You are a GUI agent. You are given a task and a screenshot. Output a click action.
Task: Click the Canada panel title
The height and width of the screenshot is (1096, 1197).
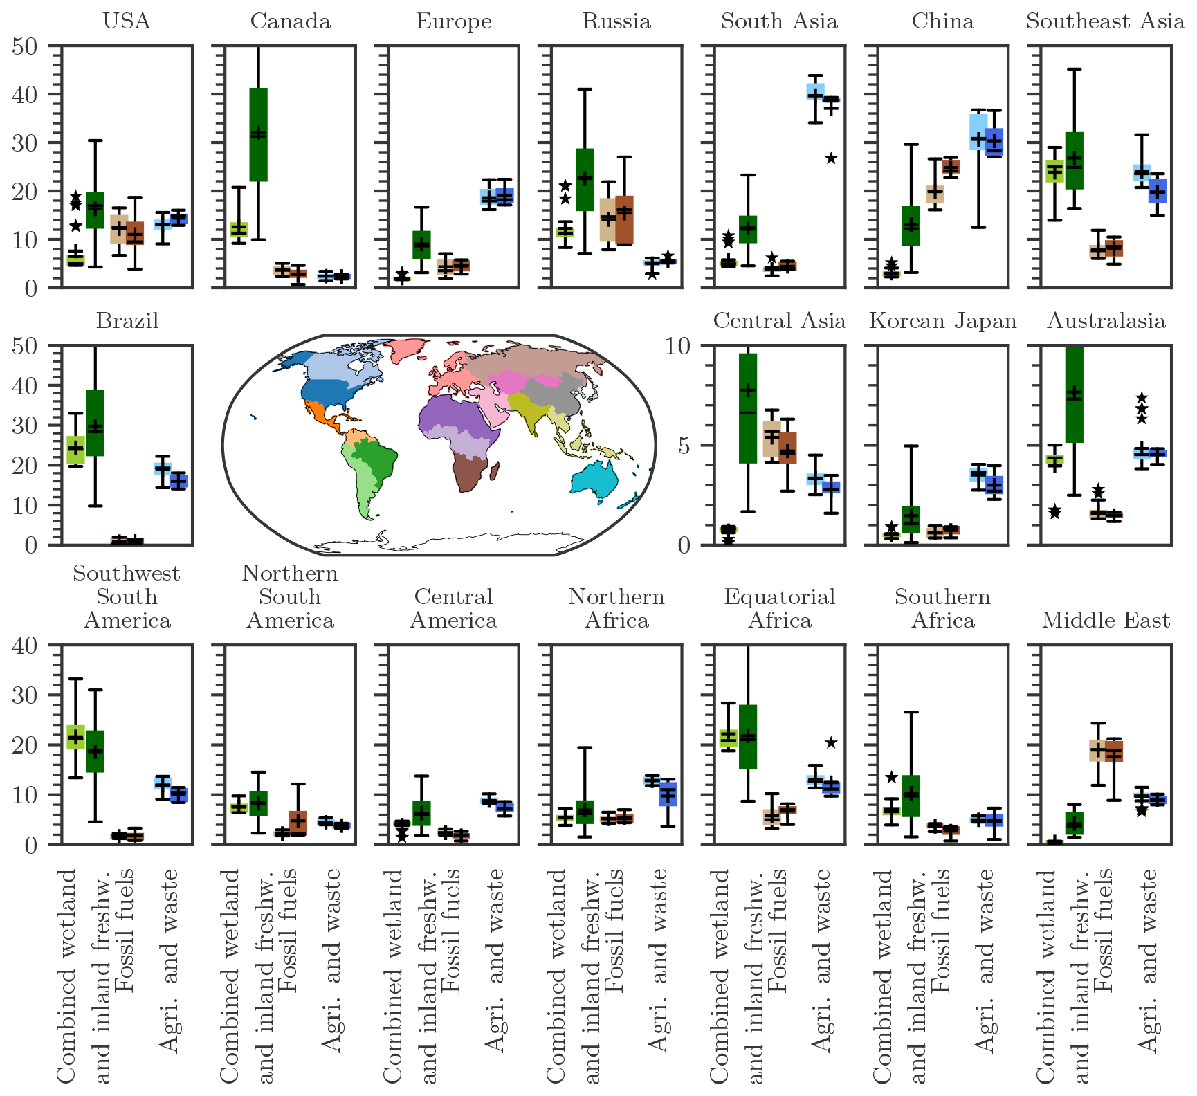[290, 21]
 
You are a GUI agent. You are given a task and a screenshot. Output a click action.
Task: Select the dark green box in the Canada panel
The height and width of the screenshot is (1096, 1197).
[258, 134]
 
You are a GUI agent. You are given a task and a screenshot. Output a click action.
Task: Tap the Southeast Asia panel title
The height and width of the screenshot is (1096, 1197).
[1105, 21]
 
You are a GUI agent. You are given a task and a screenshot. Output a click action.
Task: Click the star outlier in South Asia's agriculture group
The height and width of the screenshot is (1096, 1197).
[831, 158]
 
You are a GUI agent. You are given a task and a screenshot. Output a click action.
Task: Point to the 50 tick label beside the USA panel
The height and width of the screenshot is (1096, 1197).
[25, 47]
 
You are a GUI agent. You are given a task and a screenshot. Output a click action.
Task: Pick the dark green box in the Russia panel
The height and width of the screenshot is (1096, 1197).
[585, 179]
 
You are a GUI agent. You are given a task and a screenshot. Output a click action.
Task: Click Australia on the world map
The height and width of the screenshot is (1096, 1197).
[594, 477]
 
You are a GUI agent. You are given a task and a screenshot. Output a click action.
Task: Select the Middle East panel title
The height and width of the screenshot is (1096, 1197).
[1106, 620]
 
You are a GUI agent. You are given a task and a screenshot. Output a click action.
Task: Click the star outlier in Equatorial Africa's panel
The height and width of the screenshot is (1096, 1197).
[831, 742]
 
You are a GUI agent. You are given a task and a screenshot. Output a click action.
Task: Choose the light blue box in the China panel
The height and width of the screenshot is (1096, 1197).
[978, 131]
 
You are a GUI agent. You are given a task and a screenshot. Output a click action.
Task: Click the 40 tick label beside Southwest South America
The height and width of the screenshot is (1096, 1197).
[25, 646]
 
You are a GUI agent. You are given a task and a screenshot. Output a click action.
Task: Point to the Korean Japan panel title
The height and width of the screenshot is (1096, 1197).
[942, 321]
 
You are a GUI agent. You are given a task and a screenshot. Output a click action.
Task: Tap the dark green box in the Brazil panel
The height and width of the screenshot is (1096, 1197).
[95, 423]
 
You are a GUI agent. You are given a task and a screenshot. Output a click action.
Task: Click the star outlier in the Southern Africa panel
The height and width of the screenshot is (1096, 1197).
[892, 778]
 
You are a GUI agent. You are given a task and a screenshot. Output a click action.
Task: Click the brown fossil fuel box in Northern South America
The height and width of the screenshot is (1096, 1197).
[298, 823]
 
